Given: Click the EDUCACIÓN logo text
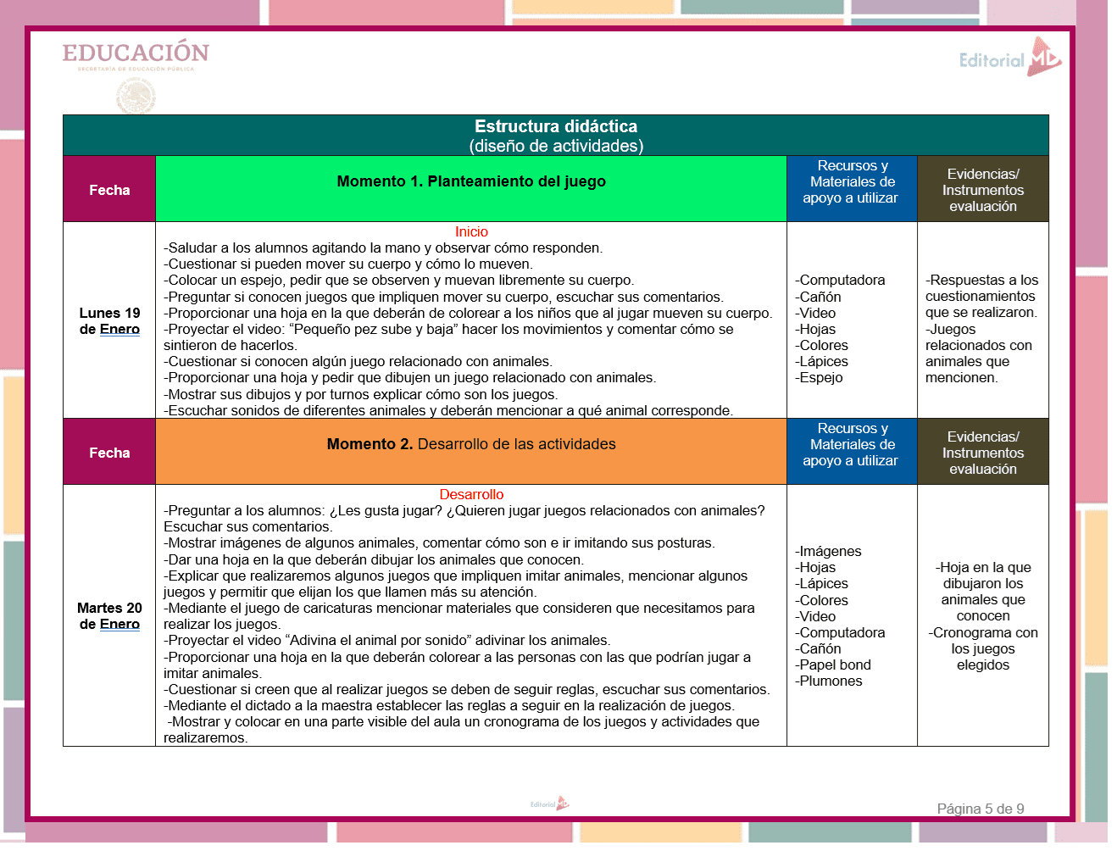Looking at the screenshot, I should tap(136, 53).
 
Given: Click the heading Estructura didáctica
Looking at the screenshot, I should tap(556, 126).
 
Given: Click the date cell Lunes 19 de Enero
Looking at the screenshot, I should tap(109, 321).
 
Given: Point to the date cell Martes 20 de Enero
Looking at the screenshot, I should tap(109, 616).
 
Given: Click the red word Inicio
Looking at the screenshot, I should tap(471, 231).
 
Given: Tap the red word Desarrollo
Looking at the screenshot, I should tap(471, 494).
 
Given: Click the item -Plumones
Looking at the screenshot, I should tap(829, 681).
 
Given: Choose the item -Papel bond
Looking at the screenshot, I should tap(833, 665).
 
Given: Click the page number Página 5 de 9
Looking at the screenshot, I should tap(980, 809).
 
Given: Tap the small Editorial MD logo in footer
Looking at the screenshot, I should tap(550, 804).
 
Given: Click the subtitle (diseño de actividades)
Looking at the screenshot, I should tap(556, 146).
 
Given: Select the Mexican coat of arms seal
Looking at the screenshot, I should tap(136, 95).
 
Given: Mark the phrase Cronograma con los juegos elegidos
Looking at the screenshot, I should tap(983, 648).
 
